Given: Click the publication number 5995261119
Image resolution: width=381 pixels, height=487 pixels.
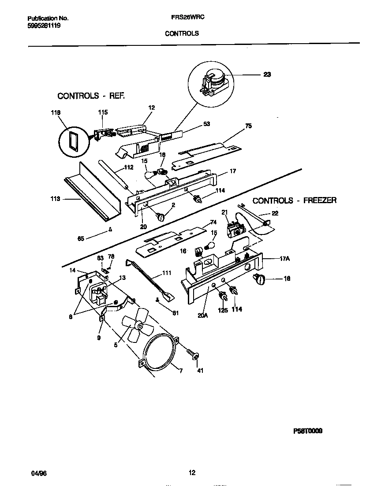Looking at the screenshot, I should pos(44,26).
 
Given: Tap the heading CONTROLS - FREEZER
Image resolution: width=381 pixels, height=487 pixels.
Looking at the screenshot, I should pos(294,201).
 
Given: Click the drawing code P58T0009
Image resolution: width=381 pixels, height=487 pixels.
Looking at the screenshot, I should pos(307,431).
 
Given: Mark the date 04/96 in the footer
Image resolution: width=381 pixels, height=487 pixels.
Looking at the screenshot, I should pos(39,473).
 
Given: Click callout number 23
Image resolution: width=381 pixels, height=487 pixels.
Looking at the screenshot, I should pos(267,74).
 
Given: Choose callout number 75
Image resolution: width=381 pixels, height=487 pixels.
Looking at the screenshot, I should pos(248,126).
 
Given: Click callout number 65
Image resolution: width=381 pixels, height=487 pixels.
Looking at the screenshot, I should pos(81,239).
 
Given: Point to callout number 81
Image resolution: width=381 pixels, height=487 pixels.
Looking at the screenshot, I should pos(175,313).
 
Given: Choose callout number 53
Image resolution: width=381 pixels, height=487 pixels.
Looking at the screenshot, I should pos(206,124).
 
